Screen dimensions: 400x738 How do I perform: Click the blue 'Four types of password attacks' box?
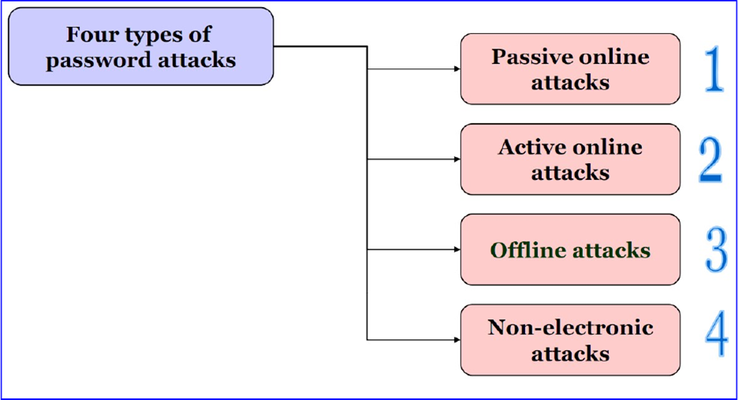(x=141, y=46)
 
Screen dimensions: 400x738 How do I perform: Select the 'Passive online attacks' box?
(x=570, y=68)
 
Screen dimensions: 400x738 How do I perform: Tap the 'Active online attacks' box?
(x=570, y=159)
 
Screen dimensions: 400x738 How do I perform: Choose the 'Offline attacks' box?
(x=570, y=250)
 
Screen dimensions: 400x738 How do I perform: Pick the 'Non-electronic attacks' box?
(x=570, y=340)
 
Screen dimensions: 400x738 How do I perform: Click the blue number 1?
(x=715, y=68)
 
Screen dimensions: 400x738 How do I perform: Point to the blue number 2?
(x=711, y=159)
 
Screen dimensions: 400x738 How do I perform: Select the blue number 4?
(x=716, y=336)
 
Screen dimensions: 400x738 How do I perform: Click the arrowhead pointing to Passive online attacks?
(x=456, y=68)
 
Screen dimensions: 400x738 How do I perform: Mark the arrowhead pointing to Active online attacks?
(x=456, y=159)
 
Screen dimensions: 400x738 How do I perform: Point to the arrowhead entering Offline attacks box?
(x=456, y=250)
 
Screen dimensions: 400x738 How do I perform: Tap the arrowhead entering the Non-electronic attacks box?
(x=456, y=339)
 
